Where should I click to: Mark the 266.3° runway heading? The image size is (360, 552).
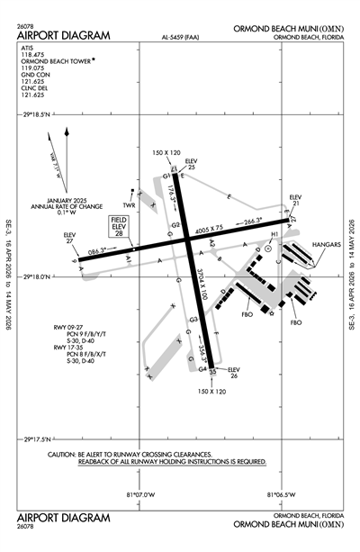point(252,220)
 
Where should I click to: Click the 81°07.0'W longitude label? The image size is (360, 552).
point(140,494)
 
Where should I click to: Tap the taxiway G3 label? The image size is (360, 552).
point(193,321)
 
